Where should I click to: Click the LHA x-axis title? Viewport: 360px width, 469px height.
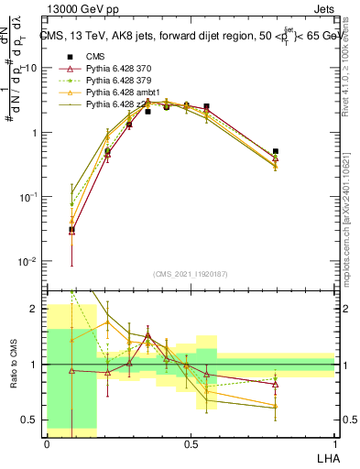pyautogui.click(x=325, y=456)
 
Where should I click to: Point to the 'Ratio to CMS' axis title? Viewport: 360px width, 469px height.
pyautogui.click(x=16, y=365)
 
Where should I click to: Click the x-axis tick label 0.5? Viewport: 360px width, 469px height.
pyautogui.click(x=191, y=442)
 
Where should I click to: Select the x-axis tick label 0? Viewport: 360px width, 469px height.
pyautogui.click(x=47, y=442)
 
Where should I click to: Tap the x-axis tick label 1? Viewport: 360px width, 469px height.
pyautogui.click(x=334, y=442)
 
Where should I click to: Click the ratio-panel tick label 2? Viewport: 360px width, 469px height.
pyautogui.click(x=37, y=309)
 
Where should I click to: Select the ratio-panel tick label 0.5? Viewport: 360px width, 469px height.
pyautogui.click(x=32, y=420)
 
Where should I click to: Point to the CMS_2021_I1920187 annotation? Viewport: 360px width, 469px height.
pyautogui.click(x=190, y=274)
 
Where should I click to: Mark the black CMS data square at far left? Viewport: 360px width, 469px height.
pyautogui.click(x=72, y=230)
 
